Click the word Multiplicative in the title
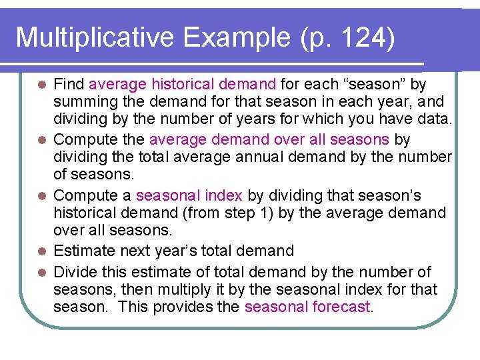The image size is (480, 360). (x=95, y=37)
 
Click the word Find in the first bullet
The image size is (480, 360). (x=69, y=85)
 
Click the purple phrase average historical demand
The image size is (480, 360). (x=182, y=85)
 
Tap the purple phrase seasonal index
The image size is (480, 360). (x=189, y=196)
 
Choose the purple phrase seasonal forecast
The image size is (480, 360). (x=307, y=307)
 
